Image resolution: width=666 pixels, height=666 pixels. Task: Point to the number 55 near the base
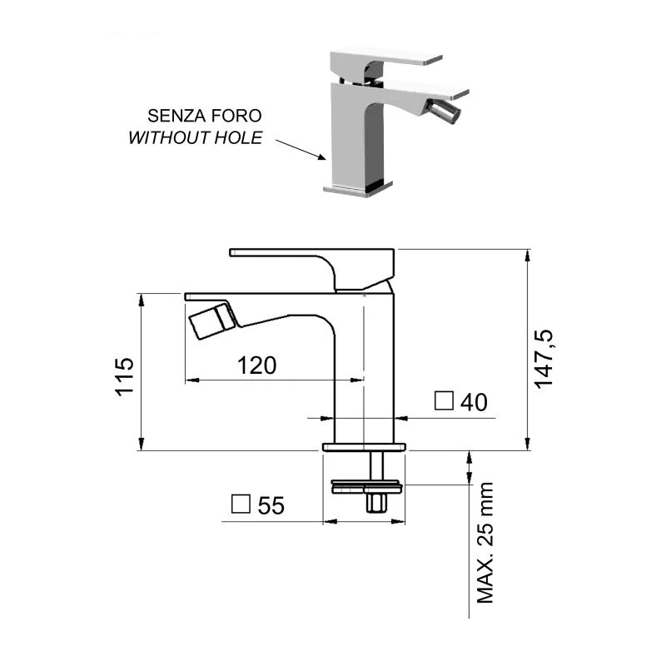(x=271, y=505)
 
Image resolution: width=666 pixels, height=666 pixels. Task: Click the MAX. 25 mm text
(x=485, y=542)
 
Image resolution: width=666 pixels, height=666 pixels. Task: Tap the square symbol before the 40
(x=445, y=402)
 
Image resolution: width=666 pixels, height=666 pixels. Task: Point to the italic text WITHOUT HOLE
(x=195, y=137)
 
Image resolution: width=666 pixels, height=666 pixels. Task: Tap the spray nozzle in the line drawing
(x=213, y=320)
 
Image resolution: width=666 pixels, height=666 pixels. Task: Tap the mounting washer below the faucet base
(x=366, y=485)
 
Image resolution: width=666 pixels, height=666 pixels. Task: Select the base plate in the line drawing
(x=364, y=447)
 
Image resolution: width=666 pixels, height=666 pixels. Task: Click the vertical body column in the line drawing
(x=364, y=375)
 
